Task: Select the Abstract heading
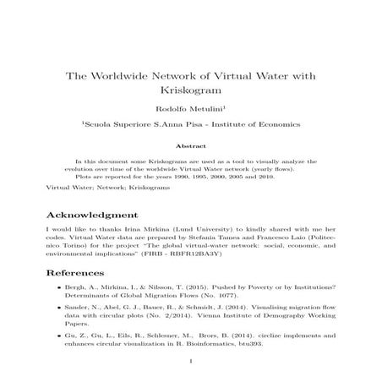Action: pos(191,145)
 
